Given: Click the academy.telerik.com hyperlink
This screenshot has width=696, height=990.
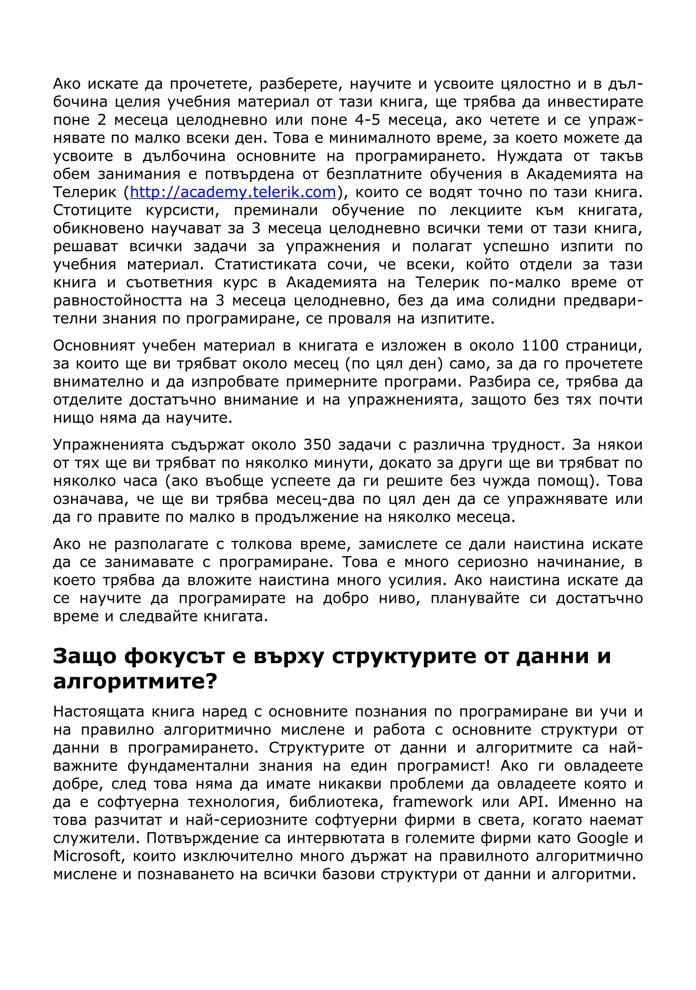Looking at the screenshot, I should coord(233,192).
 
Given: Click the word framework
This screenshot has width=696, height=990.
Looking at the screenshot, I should coord(433,802).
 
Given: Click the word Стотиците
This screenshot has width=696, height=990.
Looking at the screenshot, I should coord(92,210).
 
